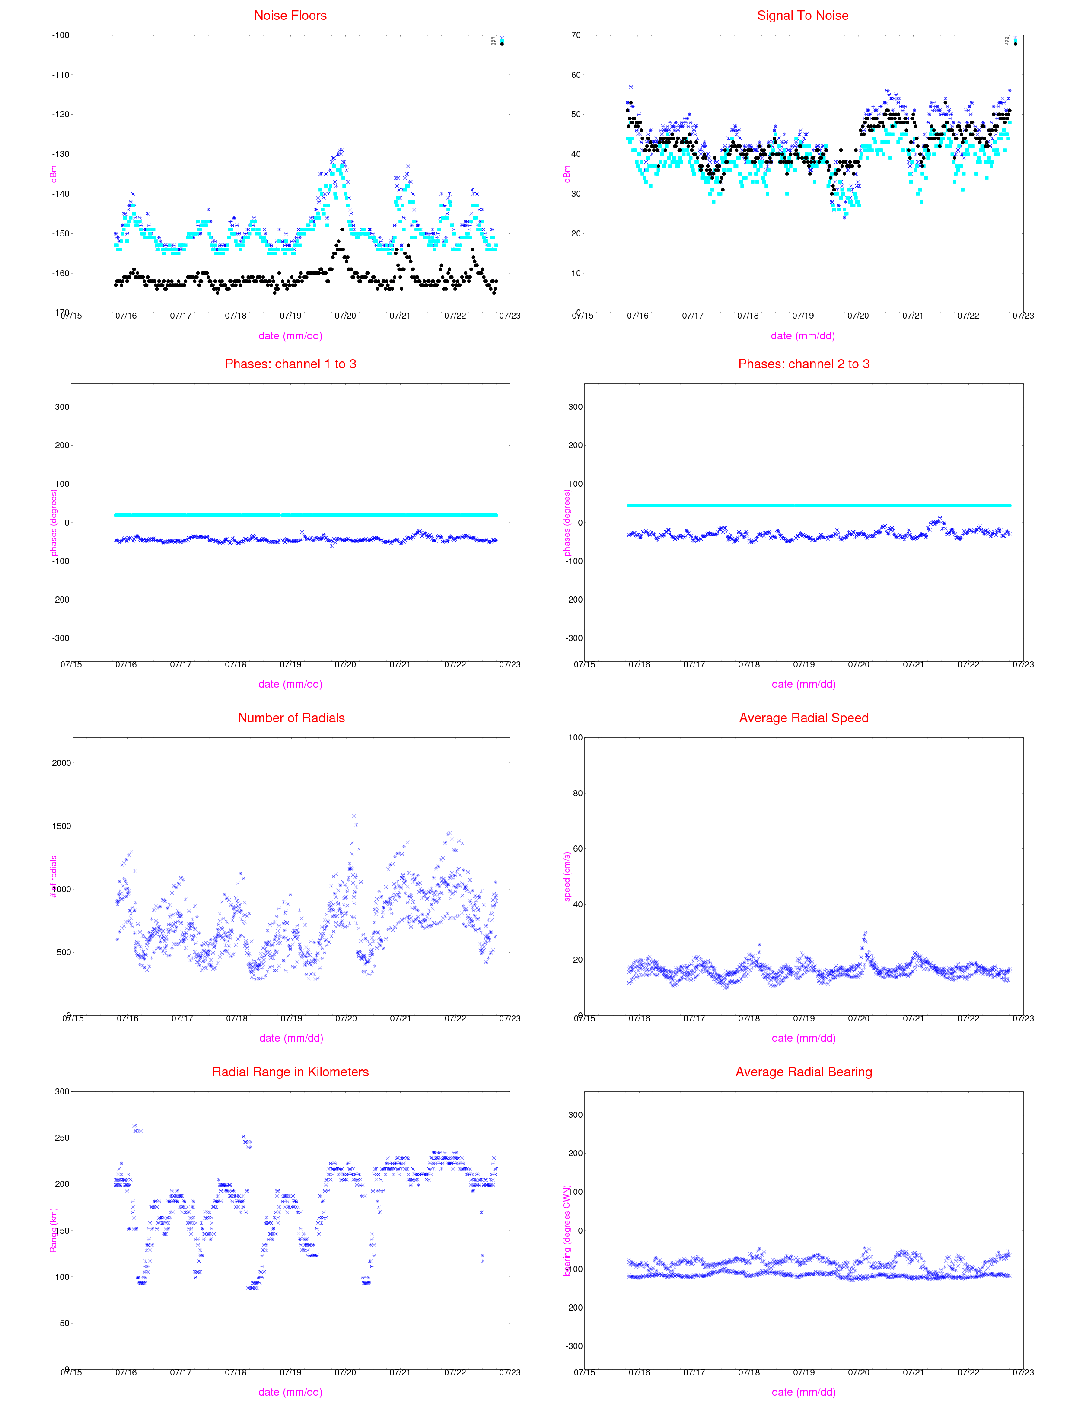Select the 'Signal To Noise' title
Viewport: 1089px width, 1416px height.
tap(802, 16)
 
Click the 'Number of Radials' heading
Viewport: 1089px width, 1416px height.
tap(291, 718)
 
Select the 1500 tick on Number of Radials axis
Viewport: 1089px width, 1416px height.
tap(61, 826)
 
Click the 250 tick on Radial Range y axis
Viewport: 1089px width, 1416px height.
tap(61, 1138)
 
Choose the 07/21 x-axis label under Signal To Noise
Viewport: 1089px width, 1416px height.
tap(913, 316)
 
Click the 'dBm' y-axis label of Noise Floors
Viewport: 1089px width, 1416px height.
tap(53, 174)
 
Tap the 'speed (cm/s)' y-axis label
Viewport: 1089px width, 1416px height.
tap(567, 877)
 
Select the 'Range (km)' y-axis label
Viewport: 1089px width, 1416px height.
tap(53, 1230)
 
